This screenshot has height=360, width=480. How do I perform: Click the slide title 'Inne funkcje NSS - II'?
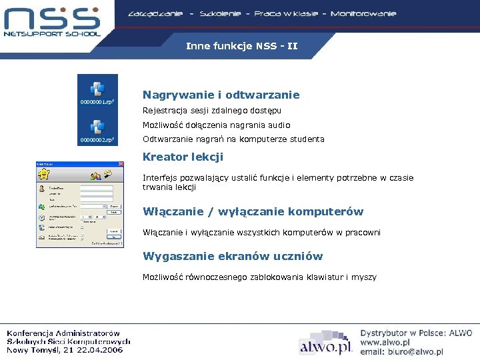241,47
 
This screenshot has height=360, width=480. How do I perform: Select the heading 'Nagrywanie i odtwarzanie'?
221,95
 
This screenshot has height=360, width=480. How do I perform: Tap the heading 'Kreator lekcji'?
183,157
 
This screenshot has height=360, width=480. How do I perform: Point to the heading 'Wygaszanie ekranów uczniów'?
233,257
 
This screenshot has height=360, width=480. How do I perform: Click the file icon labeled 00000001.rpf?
97,88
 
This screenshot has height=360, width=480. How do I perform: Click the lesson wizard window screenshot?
79,205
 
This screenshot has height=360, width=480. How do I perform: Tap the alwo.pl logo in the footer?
325,346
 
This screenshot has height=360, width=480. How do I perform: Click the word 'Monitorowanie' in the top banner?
363,13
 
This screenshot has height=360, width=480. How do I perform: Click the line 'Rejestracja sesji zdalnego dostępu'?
212,110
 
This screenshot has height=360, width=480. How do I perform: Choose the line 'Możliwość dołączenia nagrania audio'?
216,125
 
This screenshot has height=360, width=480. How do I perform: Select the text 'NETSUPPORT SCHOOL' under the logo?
52,33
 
